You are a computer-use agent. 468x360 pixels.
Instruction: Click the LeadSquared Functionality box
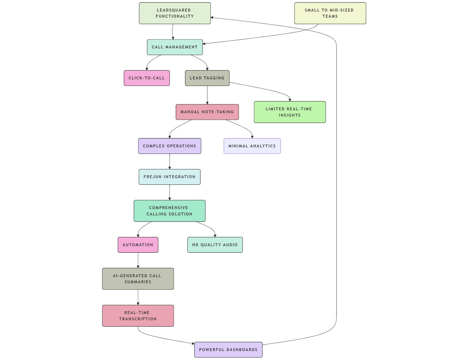[175, 13]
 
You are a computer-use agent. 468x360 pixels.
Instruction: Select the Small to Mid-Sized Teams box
[330, 13]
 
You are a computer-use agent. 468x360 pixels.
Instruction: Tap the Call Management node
[175, 47]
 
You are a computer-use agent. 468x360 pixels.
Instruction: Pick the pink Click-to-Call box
[147, 78]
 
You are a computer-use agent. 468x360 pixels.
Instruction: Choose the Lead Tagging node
[207, 78]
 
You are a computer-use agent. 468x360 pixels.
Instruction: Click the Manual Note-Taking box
[207, 112]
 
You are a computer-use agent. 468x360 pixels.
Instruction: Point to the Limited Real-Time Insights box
[290, 112]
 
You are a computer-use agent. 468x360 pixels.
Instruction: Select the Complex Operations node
[169, 146]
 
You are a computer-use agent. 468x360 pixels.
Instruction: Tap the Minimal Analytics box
[252, 146]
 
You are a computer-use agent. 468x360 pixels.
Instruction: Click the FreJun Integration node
[169, 177]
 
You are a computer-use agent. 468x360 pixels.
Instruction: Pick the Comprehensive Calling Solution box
[169, 211]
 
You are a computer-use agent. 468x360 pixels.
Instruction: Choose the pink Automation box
[138, 245]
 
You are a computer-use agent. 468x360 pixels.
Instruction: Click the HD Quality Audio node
[215, 245]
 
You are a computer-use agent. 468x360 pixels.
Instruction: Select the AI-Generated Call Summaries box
[138, 279]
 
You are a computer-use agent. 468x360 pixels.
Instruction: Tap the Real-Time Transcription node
[138, 316]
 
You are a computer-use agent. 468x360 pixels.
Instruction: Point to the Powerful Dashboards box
[228, 350]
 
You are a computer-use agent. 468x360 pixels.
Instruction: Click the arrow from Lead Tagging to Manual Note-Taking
[207, 95]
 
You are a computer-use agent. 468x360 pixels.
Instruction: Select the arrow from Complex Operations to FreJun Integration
[170, 161]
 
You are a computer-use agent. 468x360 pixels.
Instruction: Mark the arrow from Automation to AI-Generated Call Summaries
[138, 260]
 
